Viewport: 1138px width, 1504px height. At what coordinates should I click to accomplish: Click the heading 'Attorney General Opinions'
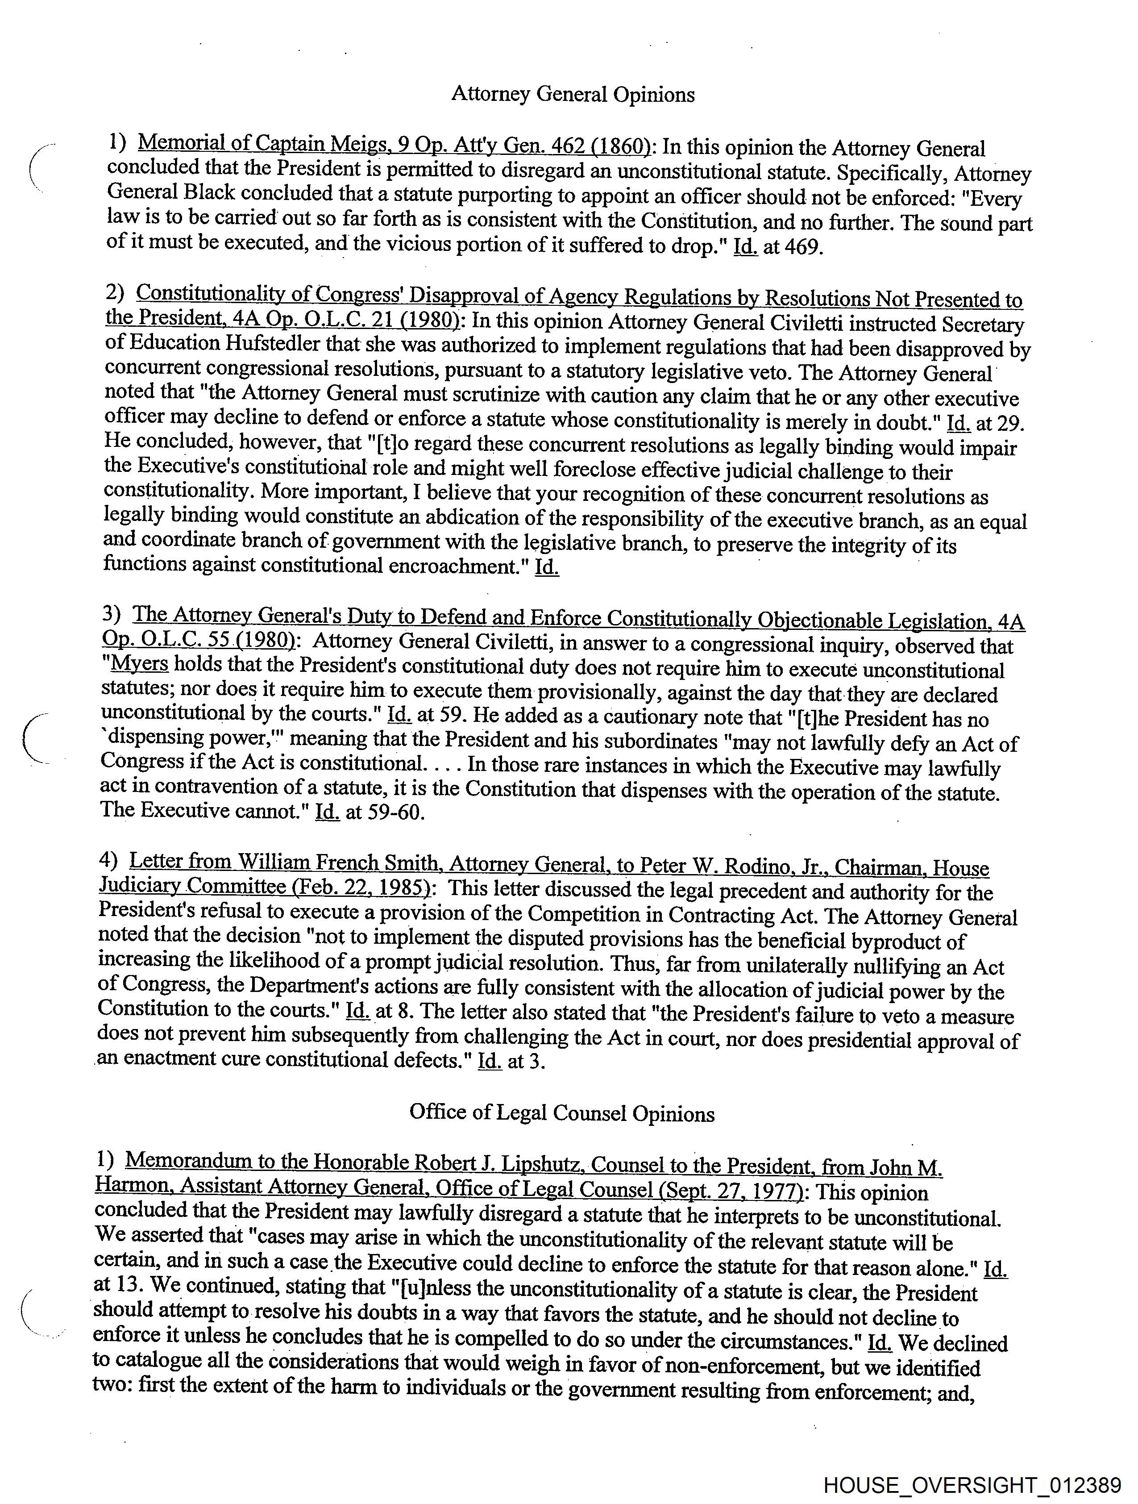click(x=573, y=95)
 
